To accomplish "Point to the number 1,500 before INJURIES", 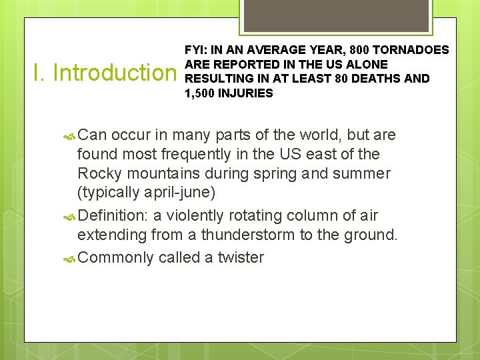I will coord(199,93).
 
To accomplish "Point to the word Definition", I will coord(113,215).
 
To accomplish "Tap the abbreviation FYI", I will coord(195,50).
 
